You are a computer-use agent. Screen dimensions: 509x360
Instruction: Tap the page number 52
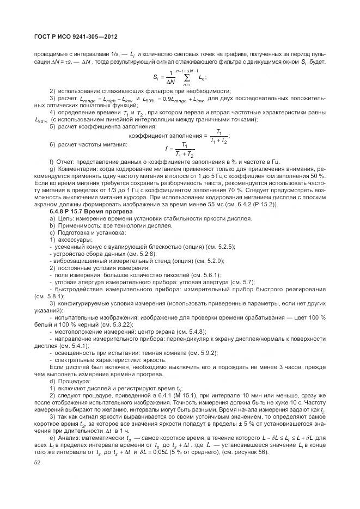[x=37, y=463]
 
